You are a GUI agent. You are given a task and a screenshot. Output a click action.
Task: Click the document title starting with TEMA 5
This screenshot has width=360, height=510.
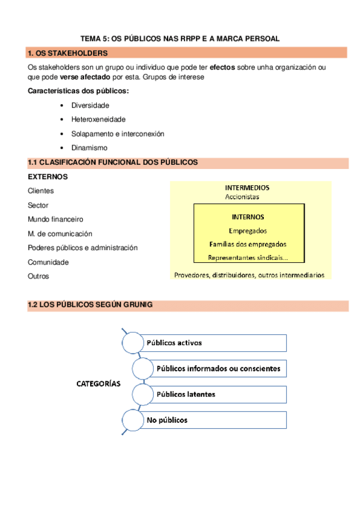point(180,38)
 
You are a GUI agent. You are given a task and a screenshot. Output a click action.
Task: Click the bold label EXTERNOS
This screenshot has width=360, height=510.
point(47,177)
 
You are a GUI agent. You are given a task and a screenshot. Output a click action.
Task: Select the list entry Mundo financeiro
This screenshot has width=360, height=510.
point(55,220)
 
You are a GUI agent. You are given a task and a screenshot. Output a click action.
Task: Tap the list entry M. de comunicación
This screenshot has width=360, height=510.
point(60,233)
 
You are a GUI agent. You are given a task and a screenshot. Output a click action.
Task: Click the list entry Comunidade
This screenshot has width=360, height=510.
point(48,262)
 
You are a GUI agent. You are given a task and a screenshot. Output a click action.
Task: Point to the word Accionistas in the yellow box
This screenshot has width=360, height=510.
point(242,197)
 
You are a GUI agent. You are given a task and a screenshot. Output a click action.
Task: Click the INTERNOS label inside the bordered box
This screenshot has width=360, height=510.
point(248,217)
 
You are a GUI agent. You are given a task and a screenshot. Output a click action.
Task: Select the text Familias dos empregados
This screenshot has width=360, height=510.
point(248,244)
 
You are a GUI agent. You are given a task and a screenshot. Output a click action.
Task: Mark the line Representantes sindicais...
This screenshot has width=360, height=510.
point(248,258)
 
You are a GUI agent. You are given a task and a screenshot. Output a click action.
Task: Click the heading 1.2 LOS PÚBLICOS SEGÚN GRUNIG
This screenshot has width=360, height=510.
point(90,305)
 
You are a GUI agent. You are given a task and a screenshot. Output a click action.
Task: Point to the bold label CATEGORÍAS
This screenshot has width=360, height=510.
point(98,383)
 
